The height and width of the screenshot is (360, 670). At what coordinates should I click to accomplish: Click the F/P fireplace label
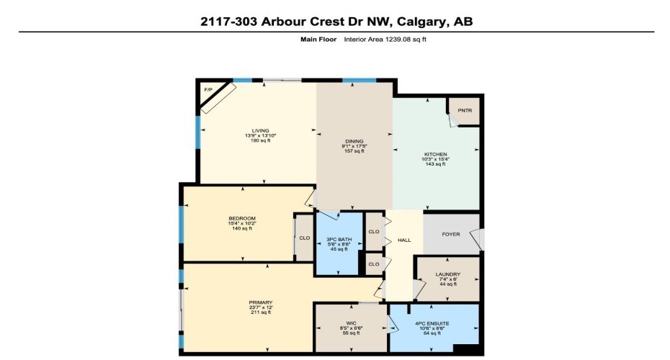[209, 90]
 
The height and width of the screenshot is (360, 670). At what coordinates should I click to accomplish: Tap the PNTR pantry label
[465, 111]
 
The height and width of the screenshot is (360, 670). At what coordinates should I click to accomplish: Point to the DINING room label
[354, 141]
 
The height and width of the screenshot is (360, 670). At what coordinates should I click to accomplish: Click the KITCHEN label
[435, 154]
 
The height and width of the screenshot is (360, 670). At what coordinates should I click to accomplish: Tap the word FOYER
[450, 234]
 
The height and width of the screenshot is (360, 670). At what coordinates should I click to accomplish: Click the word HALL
[404, 239]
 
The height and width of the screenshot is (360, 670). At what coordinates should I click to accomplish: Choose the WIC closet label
[350, 322]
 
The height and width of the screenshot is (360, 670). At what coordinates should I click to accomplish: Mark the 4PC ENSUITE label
[432, 323]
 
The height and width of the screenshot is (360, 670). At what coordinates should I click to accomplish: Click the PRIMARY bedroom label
[261, 302]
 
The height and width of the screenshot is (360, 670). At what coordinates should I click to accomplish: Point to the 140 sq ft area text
[241, 228]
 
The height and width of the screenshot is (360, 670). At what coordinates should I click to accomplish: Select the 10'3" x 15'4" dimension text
[435, 159]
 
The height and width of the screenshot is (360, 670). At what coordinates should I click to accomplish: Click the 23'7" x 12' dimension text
[261, 307]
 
